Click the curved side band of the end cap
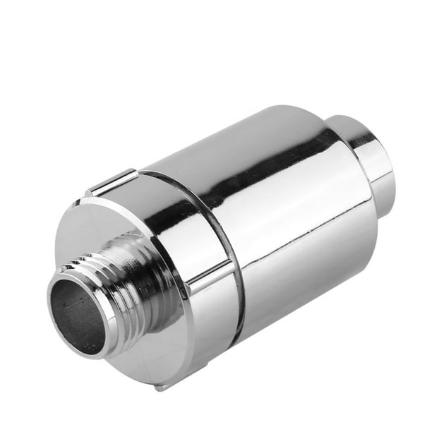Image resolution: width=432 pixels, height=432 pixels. click(x=205, y=318)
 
